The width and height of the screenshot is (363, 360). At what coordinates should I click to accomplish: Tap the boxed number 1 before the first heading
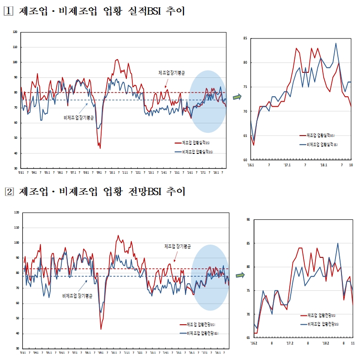(8, 11)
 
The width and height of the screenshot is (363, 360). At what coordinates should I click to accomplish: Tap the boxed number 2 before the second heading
(8, 192)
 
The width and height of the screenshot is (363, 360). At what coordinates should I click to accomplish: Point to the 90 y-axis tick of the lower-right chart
(248, 219)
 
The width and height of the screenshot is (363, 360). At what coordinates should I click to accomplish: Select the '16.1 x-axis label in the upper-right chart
(250, 164)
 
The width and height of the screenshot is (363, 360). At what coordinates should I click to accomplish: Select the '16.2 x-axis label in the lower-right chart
(254, 343)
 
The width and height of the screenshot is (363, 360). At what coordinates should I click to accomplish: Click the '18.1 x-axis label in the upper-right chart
(324, 164)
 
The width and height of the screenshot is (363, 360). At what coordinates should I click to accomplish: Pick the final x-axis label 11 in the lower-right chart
(352, 343)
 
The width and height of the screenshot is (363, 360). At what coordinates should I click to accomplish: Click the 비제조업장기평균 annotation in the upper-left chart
(78, 118)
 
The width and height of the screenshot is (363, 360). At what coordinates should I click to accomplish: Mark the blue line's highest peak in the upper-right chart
(336, 44)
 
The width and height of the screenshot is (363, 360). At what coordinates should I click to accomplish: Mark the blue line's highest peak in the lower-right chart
(338, 243)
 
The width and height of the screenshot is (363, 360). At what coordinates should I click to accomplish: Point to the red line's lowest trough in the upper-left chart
(100, 148)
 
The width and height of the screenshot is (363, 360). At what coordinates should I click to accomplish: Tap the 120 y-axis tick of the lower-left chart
(16, 213)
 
